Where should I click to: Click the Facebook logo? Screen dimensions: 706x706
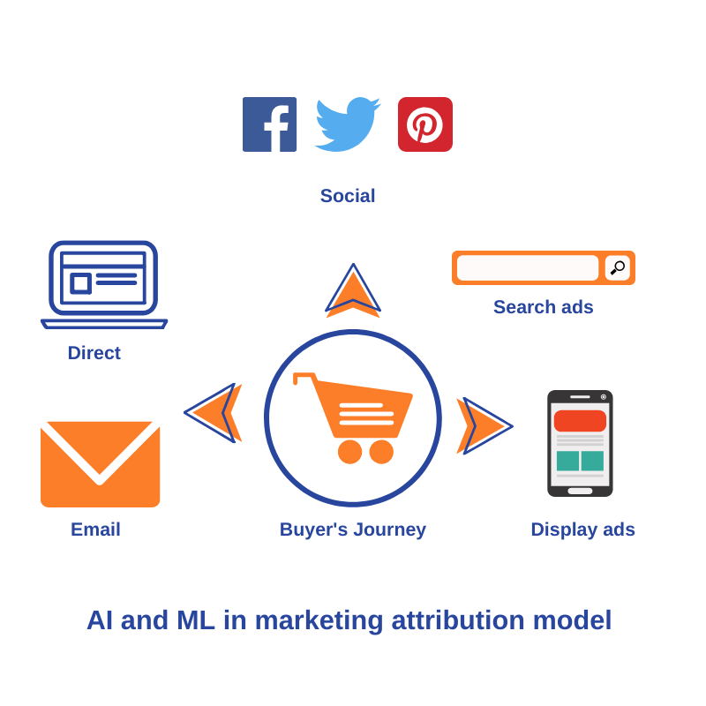pyautogui.click(x=269, y=124)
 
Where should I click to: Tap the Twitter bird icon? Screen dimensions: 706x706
pyautogui.click(x=346, y=124)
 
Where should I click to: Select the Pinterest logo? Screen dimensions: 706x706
pyautogui.click(x=425, y=124)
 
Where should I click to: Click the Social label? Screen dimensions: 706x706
pyautogui.click(x=348, y=196)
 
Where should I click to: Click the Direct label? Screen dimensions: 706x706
pyautogui.click(x=94, y=353)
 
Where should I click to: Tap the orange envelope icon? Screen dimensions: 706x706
pyautogui.click(x=100, y=464)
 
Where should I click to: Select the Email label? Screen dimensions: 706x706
pyautogui.click(x=95, y=529)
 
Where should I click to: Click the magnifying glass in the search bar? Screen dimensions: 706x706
pyautogui.click(x=618, y=267)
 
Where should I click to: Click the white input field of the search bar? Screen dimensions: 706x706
pyautogui.click(x=528, y=267)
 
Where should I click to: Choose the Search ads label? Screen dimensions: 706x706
pyautogui.click(x=543, y=307)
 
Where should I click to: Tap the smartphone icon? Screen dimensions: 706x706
pyautogui.click(x=580, y=443)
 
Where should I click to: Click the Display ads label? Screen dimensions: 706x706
pyautogui.click(x=582, y=529)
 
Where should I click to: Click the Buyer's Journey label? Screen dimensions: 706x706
pyautogui.click(x=353, y=529)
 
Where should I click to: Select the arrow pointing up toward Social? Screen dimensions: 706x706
pyautogui.click(x=353, y=291)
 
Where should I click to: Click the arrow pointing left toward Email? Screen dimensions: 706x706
pyautogui.click(x=214, y=413)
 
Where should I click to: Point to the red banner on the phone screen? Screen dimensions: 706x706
pyautogui.click(x=580, y=421)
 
